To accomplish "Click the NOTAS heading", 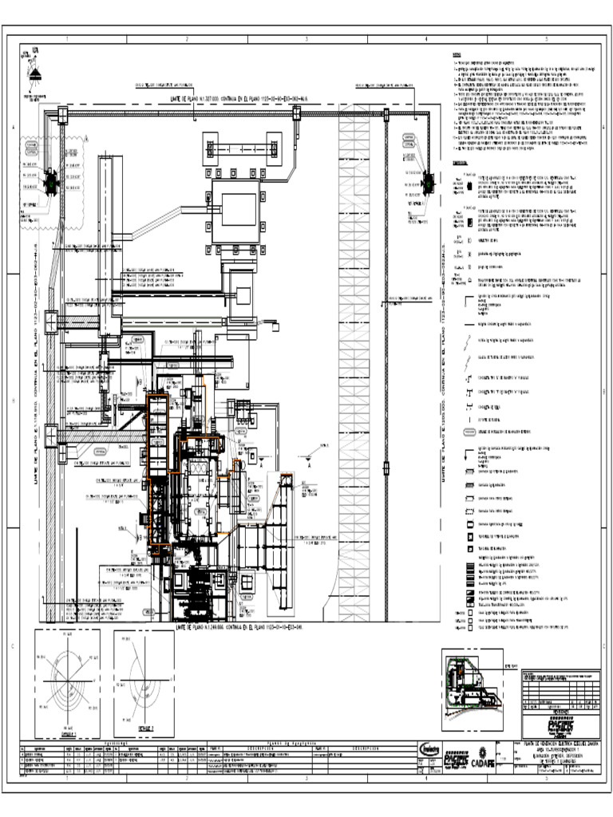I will [457, 55].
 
